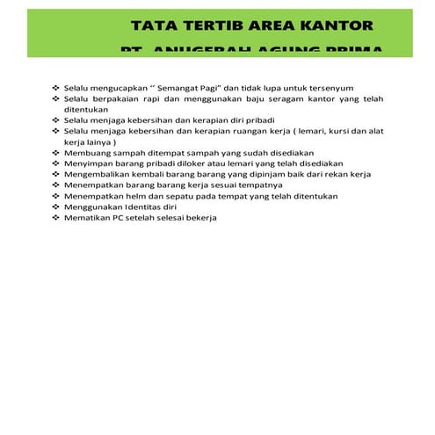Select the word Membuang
(86, 153)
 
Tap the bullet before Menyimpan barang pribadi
(55, 163)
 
